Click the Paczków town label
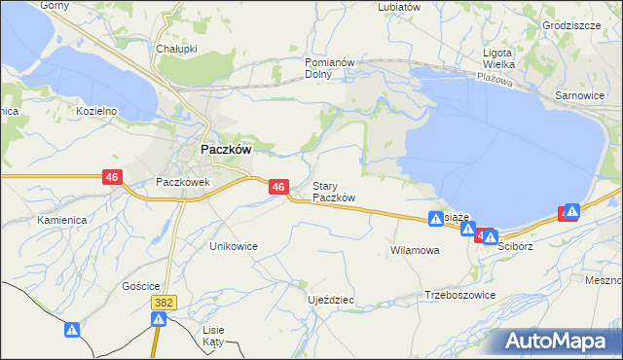227,151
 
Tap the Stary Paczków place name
333,192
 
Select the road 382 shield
164,304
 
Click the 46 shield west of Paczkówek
113,177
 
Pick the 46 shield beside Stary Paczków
278,186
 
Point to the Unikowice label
234,246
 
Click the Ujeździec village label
330,300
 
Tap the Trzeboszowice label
460,295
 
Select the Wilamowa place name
415,250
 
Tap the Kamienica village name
62,220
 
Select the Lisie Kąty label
213,336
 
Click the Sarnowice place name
579,96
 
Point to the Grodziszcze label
571,25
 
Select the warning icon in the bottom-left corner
71,331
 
